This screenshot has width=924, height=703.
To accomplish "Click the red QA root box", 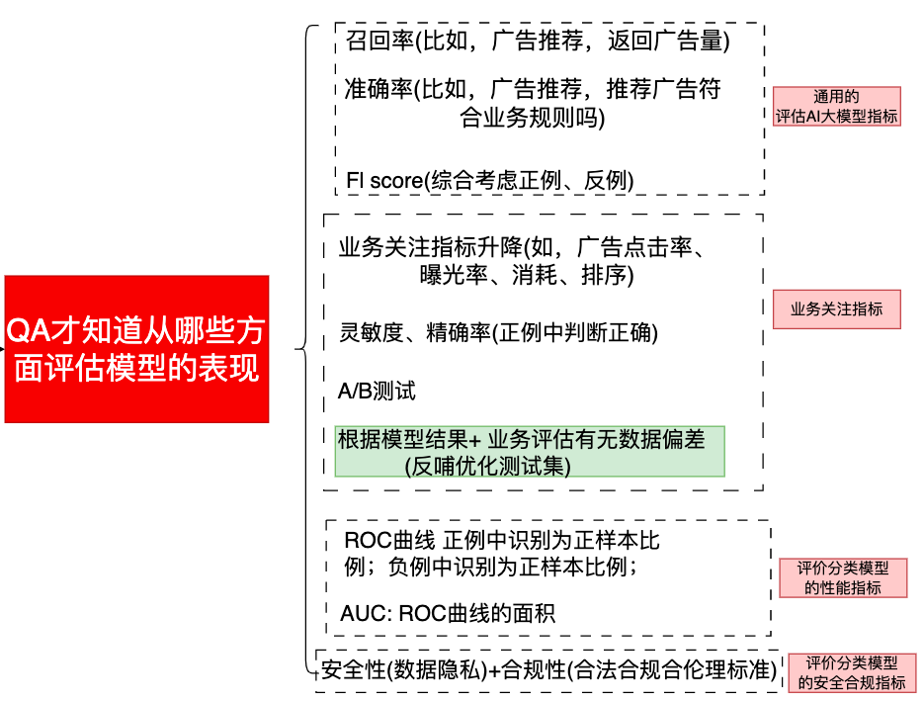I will tap(136, 349).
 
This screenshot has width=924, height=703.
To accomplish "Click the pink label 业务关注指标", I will tap(836, 309).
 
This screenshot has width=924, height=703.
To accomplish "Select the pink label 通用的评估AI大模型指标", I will tap(836, 107).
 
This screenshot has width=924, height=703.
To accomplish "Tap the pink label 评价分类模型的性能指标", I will tap(842, 577).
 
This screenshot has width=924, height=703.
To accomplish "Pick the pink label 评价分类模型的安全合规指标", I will tap(851, 672).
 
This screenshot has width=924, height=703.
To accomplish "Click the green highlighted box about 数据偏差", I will tap(530, 451).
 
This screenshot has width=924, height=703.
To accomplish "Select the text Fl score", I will tap(384, 180).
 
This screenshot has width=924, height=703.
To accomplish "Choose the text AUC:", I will tap(366, 613).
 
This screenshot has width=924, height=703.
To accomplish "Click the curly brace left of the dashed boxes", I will tap(301, 348).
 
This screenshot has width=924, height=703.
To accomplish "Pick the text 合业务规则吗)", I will tap(532, 119).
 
